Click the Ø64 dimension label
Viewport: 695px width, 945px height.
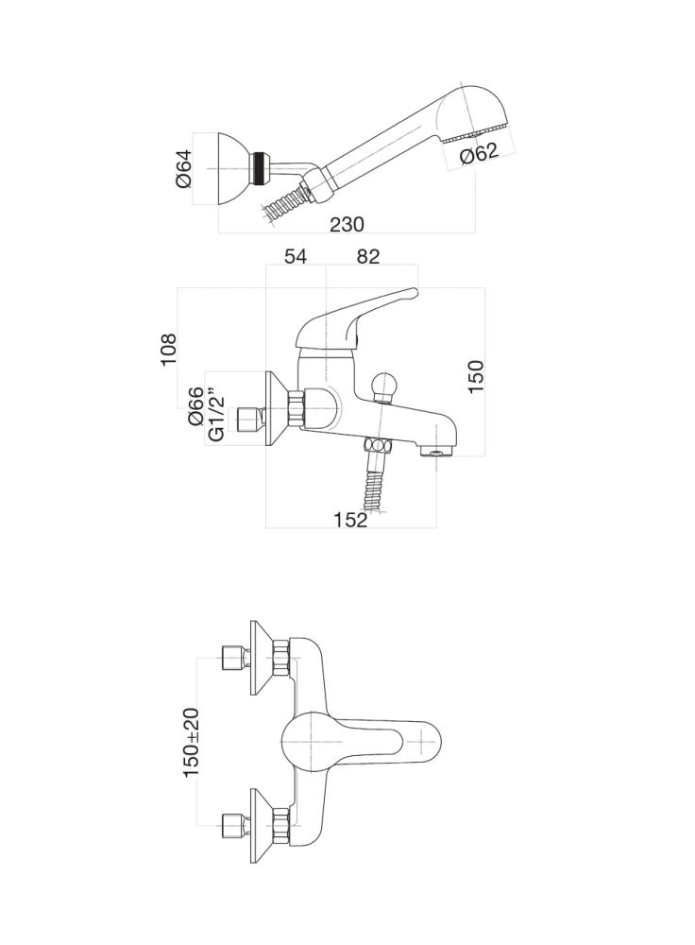point(185,168)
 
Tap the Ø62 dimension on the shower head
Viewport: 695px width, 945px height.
point(480,153)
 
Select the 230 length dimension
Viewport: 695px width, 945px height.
point(347,224)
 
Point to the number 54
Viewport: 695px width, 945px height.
point(296,255)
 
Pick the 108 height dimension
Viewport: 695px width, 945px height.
point(168,349)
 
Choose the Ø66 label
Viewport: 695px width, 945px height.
point(196,406)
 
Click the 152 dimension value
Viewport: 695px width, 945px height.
point(349,520)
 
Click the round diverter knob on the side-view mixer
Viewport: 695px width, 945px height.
point(387,387)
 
